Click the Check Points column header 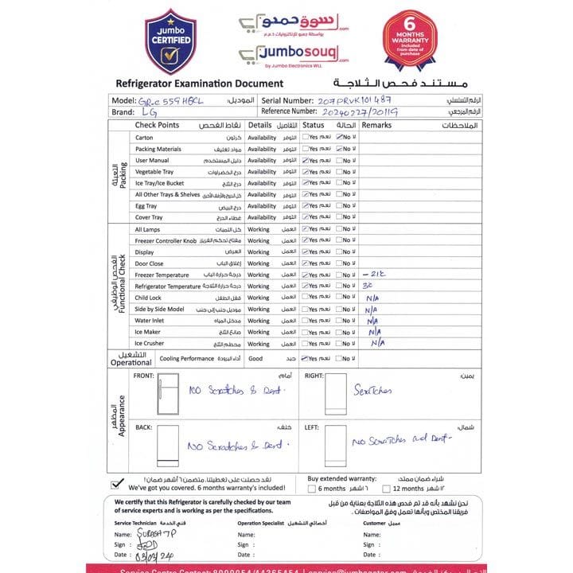157,126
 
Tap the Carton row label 144,138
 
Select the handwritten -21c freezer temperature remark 374,275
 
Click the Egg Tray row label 146,206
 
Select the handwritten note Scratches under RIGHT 374,391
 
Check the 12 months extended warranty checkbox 385,489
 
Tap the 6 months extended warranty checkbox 312,489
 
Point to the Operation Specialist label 261,523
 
